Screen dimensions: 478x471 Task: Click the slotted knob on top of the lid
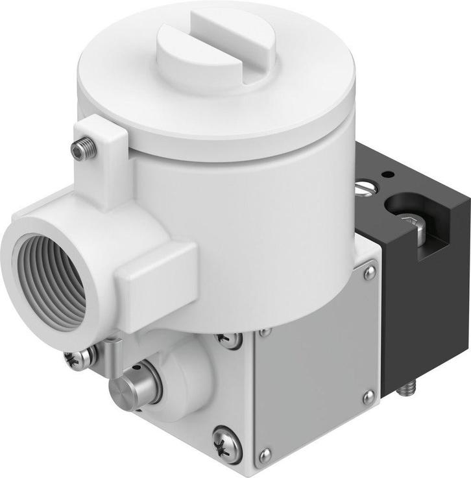pyautogui.click(x=216, y=52)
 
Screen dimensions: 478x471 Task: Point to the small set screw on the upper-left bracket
pyautogui.click(x=84, y=150)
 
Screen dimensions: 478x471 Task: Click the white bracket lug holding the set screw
pyautogui.click(x=104, y=156)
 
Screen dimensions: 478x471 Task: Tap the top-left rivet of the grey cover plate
pyautogui.click(x=266, y=333)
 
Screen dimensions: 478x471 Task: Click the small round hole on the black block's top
pyautogui.click(x=388, y=174)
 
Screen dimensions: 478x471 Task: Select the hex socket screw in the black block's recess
pyautogui.click(x=411, y=223)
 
